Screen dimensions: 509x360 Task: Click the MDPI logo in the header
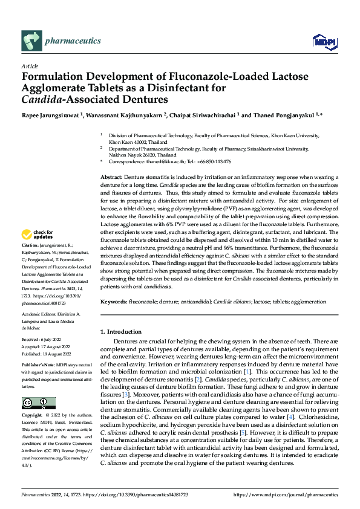pos(322,41)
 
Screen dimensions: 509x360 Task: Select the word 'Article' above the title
pos(30,66)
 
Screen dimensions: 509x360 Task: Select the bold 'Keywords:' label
pos(113,301)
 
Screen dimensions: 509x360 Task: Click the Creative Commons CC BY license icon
pos(38,403)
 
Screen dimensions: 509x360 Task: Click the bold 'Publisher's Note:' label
pos(39,366)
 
